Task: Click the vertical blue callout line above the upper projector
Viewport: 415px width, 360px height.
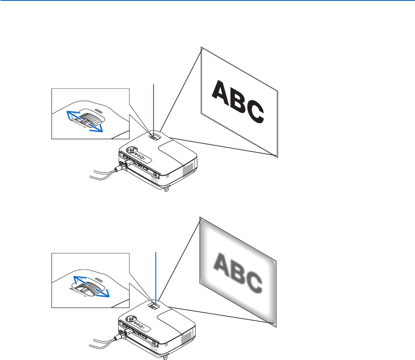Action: click(154, 108)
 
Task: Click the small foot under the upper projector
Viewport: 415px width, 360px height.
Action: click(168, 190)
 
